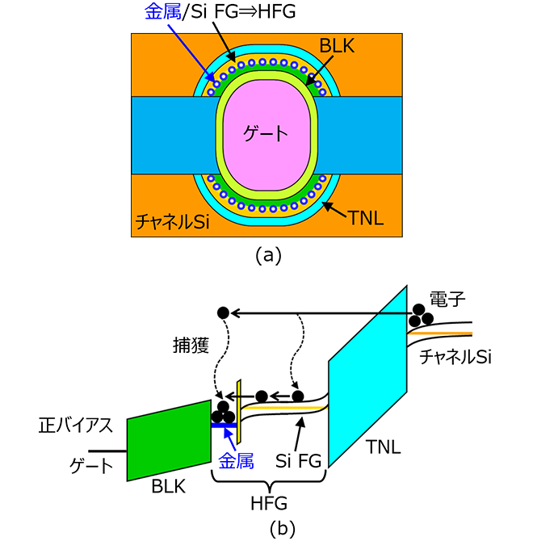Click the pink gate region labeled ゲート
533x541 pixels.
pyautogui.click(x=266, y=135)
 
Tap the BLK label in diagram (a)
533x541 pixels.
pyautogui.click(x=337, y=45)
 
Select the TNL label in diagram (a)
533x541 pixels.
pyautogui.click(x=367, y=218)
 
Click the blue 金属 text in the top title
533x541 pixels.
pyautogui.click(x=162, y=12)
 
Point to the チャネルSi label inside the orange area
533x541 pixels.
pyautogui.click(x=173, y=221)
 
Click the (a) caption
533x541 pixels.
pyautogui.click(x=268, y=256)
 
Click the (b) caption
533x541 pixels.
pyautogui.click(x=283, y=528)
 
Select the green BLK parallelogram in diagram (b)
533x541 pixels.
pyautogui.click(x=169, y=441)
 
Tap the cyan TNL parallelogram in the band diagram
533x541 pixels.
pyautogui.click(x=367, y=376)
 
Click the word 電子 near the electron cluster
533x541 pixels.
pyautogui.click(x=447, y=299)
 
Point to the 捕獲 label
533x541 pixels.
pyautogui.click(x=191, y=345)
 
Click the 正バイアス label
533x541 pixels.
pyautogui.click(x=76, y=425)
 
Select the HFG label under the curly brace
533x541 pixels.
pyautogui.click(x=269, y=503)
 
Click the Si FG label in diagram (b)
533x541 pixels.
pyautogui.click(x=299, y=460)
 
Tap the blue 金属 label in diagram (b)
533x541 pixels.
pyautogui.click(x=237, y=460)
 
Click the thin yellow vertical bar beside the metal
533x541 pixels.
pyautogui.click(x=238, y=411)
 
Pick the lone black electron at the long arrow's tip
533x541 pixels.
pyautogui.click(x=223, y=313)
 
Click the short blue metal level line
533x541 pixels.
pyautogui.click(x=224, y=425)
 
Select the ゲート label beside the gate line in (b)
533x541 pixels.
pyautogui.click(x=91, y=466)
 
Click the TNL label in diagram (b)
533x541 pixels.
pyautogui.click(x=384, y=447)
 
